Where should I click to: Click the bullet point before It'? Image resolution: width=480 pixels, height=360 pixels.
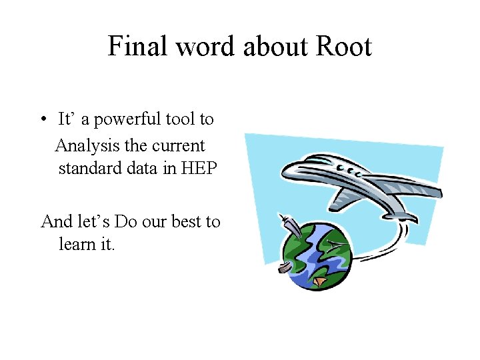42,120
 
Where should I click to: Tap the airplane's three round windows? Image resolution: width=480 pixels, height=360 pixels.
351,171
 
